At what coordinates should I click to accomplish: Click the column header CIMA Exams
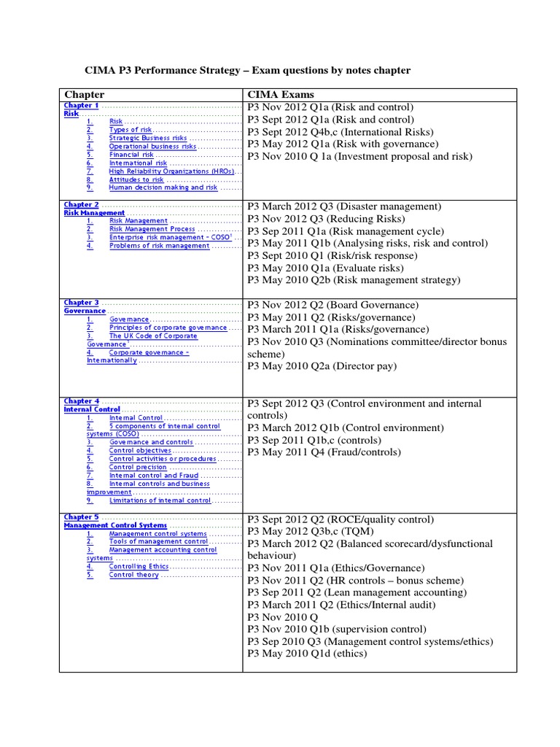[x=281, y=94]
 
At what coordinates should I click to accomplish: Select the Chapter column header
[x=85, y=94]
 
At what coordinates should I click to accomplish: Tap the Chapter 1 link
[x=81, y=106]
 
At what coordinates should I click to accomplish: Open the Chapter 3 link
[x=81, y=303]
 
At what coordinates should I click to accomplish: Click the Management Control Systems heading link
[x=115, y=525]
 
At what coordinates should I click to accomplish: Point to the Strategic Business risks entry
[x=148, y=138]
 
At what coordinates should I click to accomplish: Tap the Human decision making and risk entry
[x=163, y=187]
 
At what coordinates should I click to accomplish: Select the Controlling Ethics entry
[x=139, y=566]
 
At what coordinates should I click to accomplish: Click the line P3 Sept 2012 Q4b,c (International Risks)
[x=340, y=131]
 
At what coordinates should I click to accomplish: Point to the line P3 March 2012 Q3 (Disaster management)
[x=344, y=206]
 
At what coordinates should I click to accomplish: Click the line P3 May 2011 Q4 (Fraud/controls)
[x=324, y=452]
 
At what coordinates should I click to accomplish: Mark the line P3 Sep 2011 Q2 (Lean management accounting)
[x=357, y=592]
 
